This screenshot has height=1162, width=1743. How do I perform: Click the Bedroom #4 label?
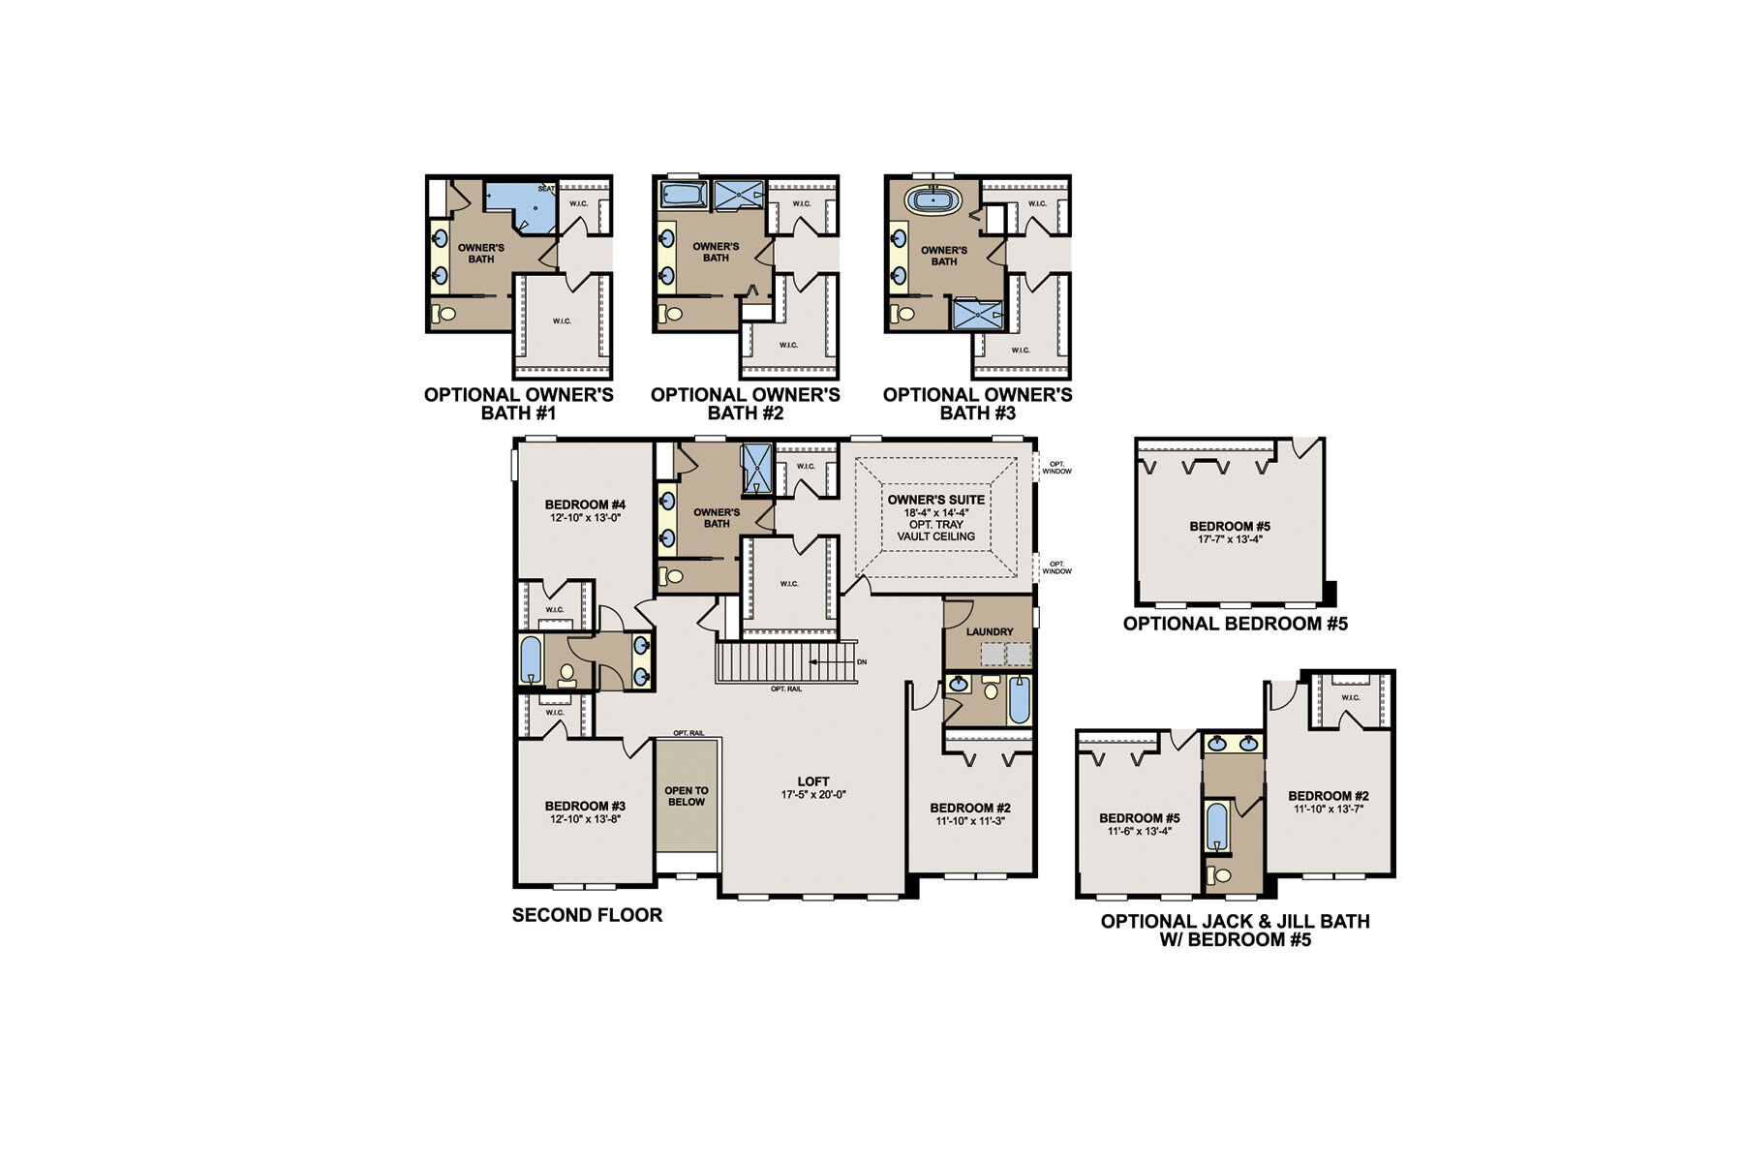click(x=585, y=505)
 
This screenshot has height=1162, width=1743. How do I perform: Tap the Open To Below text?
click(x=687, y=796)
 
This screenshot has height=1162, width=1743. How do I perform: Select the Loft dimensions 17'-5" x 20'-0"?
click(x=813, y=795)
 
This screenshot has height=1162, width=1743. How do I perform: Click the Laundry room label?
click(x=989, y=632)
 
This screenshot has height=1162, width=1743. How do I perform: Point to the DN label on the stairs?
click(x=862, y=662)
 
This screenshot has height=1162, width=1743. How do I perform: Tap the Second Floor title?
click(x=587, y=915)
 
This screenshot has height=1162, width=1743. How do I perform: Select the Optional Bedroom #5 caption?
click(x=1235, y=624)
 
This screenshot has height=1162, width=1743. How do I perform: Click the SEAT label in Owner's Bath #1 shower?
click(x=546, y=189)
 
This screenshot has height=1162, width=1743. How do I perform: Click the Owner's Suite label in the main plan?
click(x=935, y=500)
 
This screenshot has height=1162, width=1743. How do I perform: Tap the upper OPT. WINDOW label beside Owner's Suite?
click(x=1056, y=468)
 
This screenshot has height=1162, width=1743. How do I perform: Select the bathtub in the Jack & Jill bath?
click(x=1216, y=825)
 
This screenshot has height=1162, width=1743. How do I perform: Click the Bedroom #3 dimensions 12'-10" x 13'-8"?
click(x=585, y=819)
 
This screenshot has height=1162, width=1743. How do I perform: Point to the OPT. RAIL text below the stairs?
click(x=785, y=689)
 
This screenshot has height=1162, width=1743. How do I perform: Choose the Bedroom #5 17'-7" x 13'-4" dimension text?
click(x=1230, y=539)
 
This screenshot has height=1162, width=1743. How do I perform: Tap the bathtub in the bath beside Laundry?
click(x=1019, y=700)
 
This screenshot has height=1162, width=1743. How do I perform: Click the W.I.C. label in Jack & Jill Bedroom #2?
click(x=1350, y=698)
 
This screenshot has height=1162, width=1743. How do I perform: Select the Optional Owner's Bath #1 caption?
click(x=519, y=404)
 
